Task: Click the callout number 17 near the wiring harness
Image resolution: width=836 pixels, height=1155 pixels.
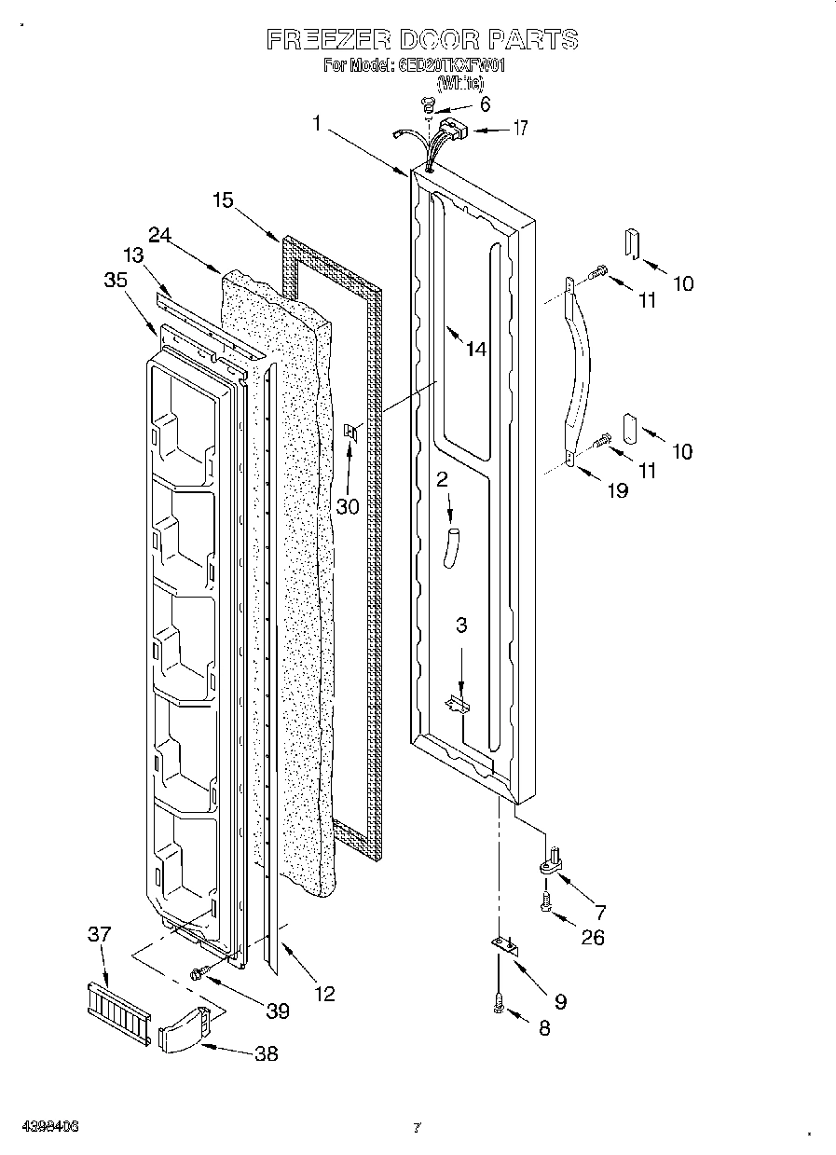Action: pyautogui.click(x=519, y=129)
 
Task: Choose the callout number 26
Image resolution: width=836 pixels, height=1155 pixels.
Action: pyautogui.click(x=592, y=937)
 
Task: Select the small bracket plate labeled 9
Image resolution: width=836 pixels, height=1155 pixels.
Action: pyautogui.click(x=506, y=947)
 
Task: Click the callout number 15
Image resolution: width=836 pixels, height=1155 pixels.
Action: pyautogui.click(x=222, y=199)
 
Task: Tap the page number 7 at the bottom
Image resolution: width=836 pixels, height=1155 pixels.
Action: pyautogui.click(x=417, y=1128)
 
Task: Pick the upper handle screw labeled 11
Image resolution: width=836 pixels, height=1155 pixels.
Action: pyautogui.click(x=598, y=272)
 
